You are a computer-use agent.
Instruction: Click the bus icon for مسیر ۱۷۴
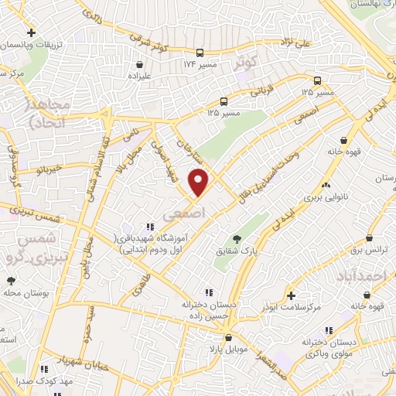200,53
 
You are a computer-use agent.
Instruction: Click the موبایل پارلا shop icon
228,338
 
